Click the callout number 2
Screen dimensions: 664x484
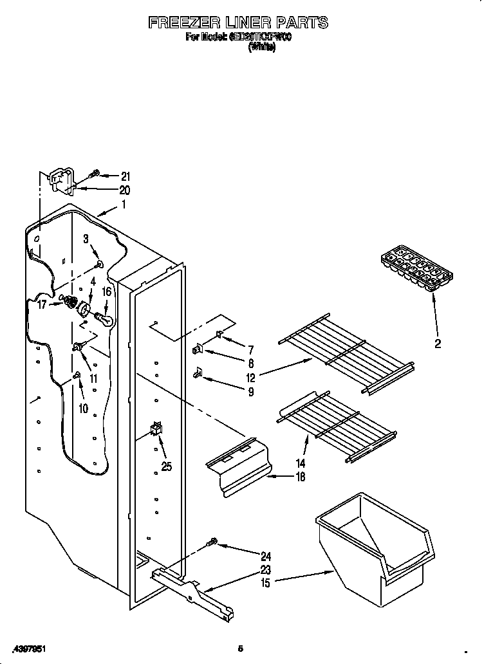(x=438, y=344)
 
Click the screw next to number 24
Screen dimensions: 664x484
(x=210, y=545)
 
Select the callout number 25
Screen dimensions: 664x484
(x=167, y=466)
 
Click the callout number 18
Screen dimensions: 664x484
(x=299, y=477)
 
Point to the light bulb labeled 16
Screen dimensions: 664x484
(x=104, y=317)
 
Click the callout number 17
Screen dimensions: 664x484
(x=42, y=305)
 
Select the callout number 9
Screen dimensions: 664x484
(x=250, y=391)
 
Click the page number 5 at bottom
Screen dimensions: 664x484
(x=239, y=648)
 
